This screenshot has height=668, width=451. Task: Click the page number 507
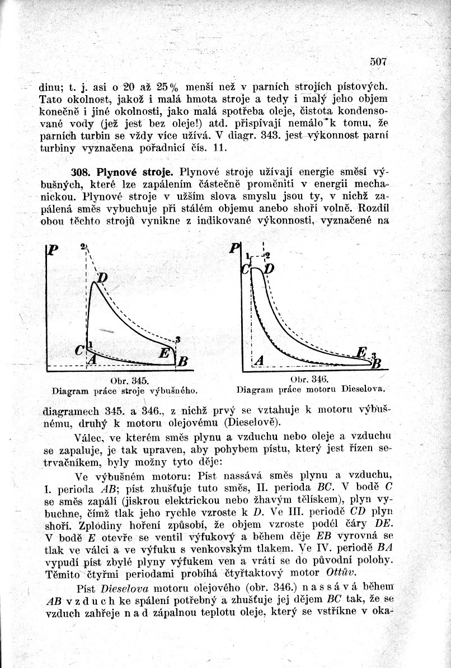(x=378, y=62)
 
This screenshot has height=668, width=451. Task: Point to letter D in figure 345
(x=104, y=278)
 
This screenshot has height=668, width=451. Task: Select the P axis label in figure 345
(x=53, y=250)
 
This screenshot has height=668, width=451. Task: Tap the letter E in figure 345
(x=164, y=353)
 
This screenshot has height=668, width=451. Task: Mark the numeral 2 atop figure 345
(x=82, y=246)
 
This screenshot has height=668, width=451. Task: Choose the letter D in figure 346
(x=269, y=269)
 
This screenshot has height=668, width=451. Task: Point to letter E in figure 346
(x=361, y=352)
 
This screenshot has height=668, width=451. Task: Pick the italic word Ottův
(x=340, y=572)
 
